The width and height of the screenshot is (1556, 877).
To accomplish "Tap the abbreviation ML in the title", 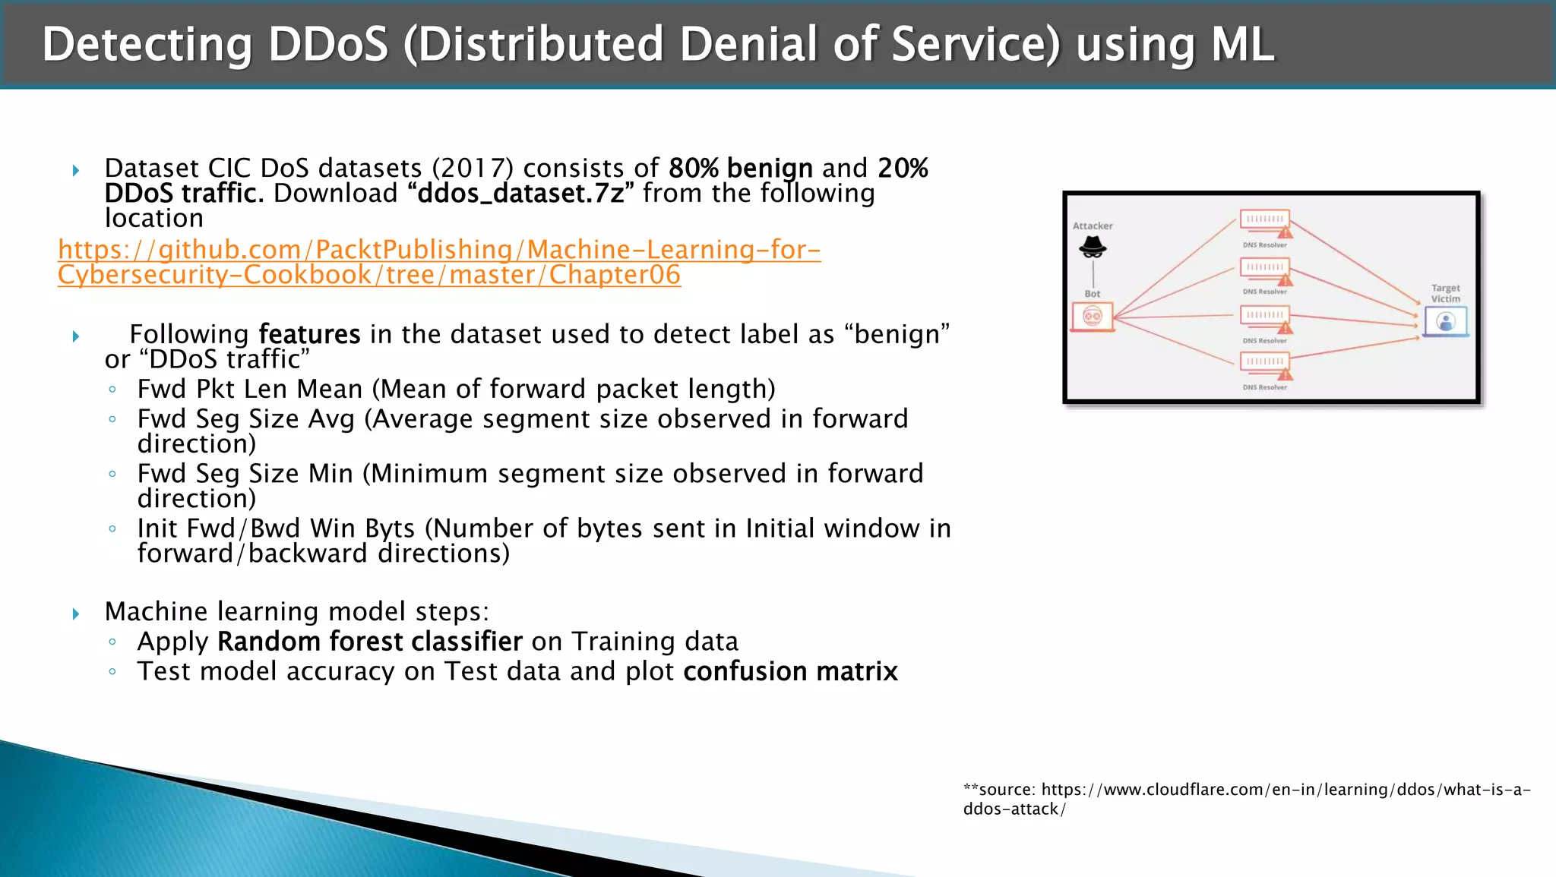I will [x=1242, y=44].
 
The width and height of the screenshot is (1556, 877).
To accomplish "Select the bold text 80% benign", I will [x=740, y=168].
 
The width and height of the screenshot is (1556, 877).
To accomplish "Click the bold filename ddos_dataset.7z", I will [x=520, y=194].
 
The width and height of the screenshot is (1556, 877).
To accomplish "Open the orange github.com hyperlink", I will [x=439, y=262].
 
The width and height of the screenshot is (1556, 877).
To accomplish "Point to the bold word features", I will [x=309, y=335].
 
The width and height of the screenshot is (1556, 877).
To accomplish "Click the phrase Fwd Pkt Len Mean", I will [x=250, y=390].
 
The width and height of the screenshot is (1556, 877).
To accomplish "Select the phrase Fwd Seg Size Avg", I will [x=245, y=419].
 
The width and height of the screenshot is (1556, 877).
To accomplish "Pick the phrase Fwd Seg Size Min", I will [x=245, y=474].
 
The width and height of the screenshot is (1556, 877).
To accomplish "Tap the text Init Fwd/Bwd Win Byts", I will [x=276, y=528].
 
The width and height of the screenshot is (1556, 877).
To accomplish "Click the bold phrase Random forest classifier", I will [x=369, y=642].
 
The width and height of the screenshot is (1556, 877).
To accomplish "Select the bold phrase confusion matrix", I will [x=790, y=672].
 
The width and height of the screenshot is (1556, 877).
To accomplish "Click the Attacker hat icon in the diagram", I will [x=1093, y=247].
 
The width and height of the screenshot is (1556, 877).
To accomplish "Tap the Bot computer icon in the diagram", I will [x=1093, y=317].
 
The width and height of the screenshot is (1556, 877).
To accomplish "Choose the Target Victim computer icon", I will [x=1445, y=322].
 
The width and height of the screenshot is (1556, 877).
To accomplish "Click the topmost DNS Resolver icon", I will [x=1265, y=221].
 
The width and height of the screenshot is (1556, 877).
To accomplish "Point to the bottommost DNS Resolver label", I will [x=1265, y=387].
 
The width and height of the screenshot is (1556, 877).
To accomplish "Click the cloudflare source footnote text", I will [x=1246, y=799].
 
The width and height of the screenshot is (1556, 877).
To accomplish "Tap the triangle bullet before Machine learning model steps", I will [x=76, y=614].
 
